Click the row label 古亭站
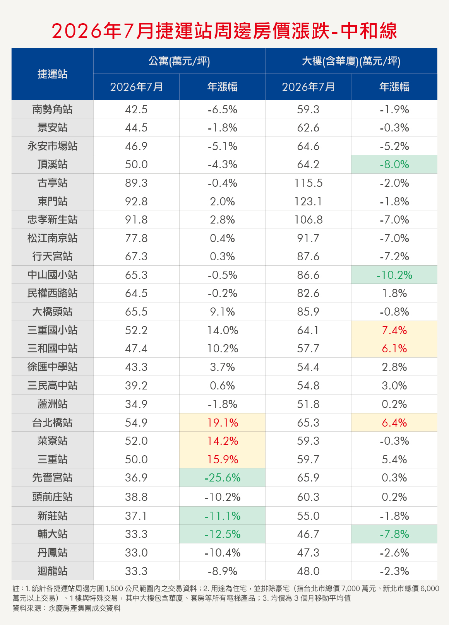click(x=53, y=183)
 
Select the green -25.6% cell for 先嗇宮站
click(x=222, y=478)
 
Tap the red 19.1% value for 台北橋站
click(x=223, y=423)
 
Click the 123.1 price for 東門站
click(x=308, y=202)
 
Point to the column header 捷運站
click(x=53, y=74)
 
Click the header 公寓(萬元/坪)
click(x=179, y=61)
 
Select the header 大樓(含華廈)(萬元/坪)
click(x=351, y=61)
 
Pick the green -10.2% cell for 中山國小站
click(x=394, y=275)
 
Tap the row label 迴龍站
click(x=53, y=571)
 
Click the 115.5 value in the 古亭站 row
click(x=308, y=183)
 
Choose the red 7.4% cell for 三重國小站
click(x=394, y=330)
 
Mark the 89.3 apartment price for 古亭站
click(x=136, y=183)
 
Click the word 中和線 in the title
click(x=369, y=31)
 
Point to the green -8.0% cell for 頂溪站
click(x=394, y=165)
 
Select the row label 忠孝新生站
click(x=53, y=220)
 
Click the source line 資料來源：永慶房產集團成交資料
click(x=67, y=608)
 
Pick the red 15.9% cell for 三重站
click(x=223, y=459)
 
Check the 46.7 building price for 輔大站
click(x=308, y=534)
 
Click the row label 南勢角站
click(x=53, y=109)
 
